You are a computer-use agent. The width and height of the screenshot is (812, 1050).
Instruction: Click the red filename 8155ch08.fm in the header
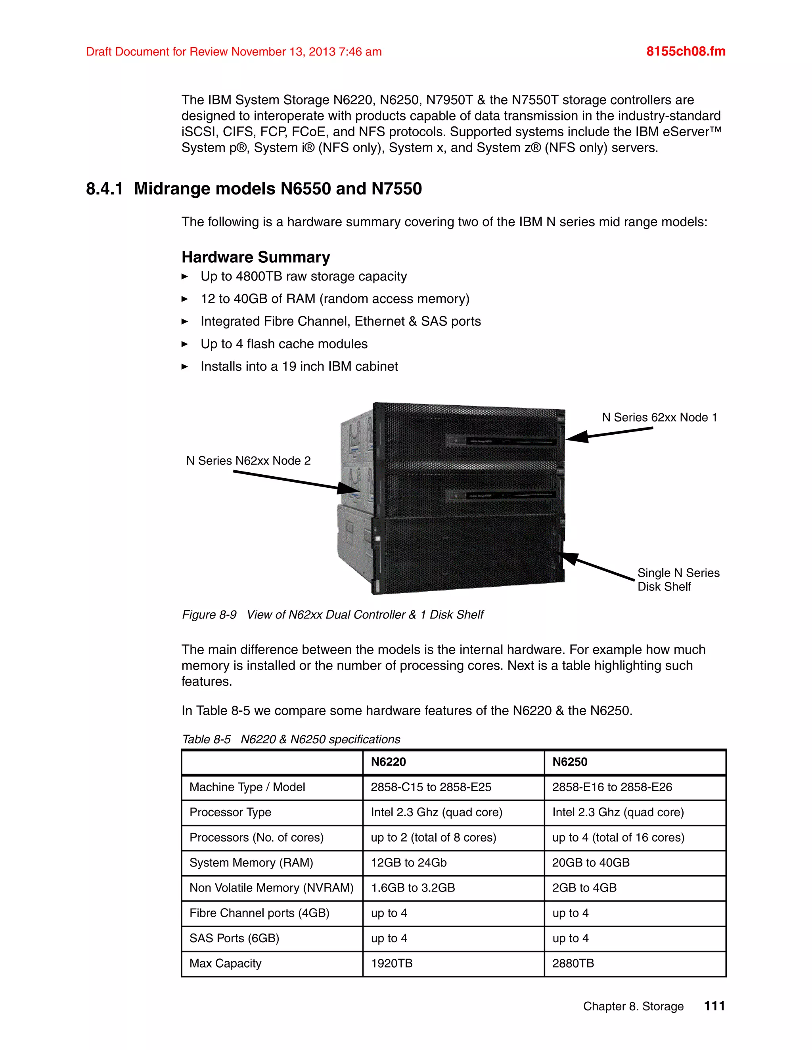pyautogui.click(x=686, y=52)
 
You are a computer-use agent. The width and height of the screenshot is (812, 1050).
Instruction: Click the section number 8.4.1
pyautogui.click(x=104, y=189)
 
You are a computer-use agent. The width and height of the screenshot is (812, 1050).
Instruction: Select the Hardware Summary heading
pyautogui.click(x=255, y=257)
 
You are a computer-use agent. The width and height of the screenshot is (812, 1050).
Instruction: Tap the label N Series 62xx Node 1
pyautogui.click(x=659, y=417)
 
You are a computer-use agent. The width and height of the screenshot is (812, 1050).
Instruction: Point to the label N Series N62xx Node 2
pyautogui.click(x=248, y=460)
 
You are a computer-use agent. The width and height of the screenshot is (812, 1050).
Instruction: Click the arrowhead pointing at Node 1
pyautogui.click(x=576, y=437)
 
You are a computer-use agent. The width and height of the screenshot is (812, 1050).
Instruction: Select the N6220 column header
pyautogui.click(x=388, y=762)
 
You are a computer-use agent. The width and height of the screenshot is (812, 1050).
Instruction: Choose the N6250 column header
pyautogui.click(x=570, y=762)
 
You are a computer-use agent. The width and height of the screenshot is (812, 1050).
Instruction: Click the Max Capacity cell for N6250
pyautogui.click(x=573, y=964)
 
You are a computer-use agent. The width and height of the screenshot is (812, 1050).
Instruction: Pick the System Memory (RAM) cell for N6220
pyautogui.click(x=408, y=863)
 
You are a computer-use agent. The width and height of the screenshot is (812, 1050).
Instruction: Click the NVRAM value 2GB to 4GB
pyautogui.click(x=584, y=888)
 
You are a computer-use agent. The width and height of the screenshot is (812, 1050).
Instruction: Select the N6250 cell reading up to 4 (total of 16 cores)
pyautogui.click(x=618, y=838)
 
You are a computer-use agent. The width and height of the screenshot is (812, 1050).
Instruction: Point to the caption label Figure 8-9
pyautogui.click(x=209, y=615)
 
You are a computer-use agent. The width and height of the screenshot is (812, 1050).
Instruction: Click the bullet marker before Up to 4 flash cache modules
pyautogui.click(x=185, y=344)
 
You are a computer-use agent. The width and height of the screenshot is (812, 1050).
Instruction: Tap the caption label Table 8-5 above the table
pyautogui.click(x=206, y=739)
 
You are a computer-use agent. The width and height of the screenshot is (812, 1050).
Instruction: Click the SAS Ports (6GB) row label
pyautogui.click(x=234, y=938)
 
